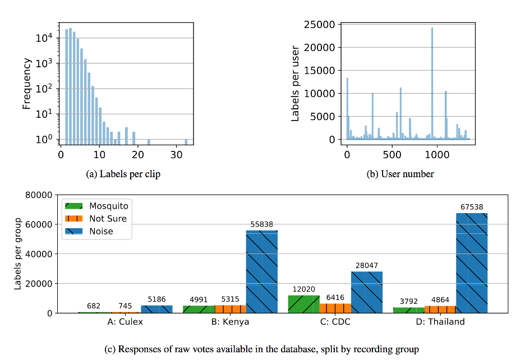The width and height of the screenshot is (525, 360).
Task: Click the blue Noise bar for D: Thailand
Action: coord(472,263)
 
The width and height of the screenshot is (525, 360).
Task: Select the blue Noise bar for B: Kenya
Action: coord(262,271)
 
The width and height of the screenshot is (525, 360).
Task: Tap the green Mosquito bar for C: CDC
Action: coord(303,304)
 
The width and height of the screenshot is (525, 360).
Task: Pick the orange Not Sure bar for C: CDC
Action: coord(335,308)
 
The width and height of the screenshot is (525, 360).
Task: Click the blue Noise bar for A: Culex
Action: coord(156,309)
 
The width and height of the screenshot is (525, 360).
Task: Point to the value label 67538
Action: coord(472,207)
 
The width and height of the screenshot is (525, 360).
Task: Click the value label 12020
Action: coord(303,289)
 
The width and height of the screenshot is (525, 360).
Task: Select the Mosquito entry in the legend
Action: coord(97,206)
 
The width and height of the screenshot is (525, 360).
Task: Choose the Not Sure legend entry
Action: coord(96,219)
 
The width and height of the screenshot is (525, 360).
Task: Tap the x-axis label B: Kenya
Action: coord(231,322)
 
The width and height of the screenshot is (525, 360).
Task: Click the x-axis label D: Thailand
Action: coord(440,322)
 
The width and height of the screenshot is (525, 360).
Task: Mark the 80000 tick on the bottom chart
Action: coord(39,195)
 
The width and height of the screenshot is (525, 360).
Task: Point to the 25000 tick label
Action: coord(319,25)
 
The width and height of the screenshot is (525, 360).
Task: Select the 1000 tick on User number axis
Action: coord(437,155)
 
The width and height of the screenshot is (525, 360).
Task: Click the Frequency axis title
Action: coord(27,84)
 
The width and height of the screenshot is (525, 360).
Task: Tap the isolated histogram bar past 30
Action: coord(186,142)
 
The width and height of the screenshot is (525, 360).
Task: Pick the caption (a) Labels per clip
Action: coord(123,174)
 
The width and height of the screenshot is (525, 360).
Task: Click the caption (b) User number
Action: coord(400,174)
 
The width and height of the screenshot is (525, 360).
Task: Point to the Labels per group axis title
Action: coord(18,253)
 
